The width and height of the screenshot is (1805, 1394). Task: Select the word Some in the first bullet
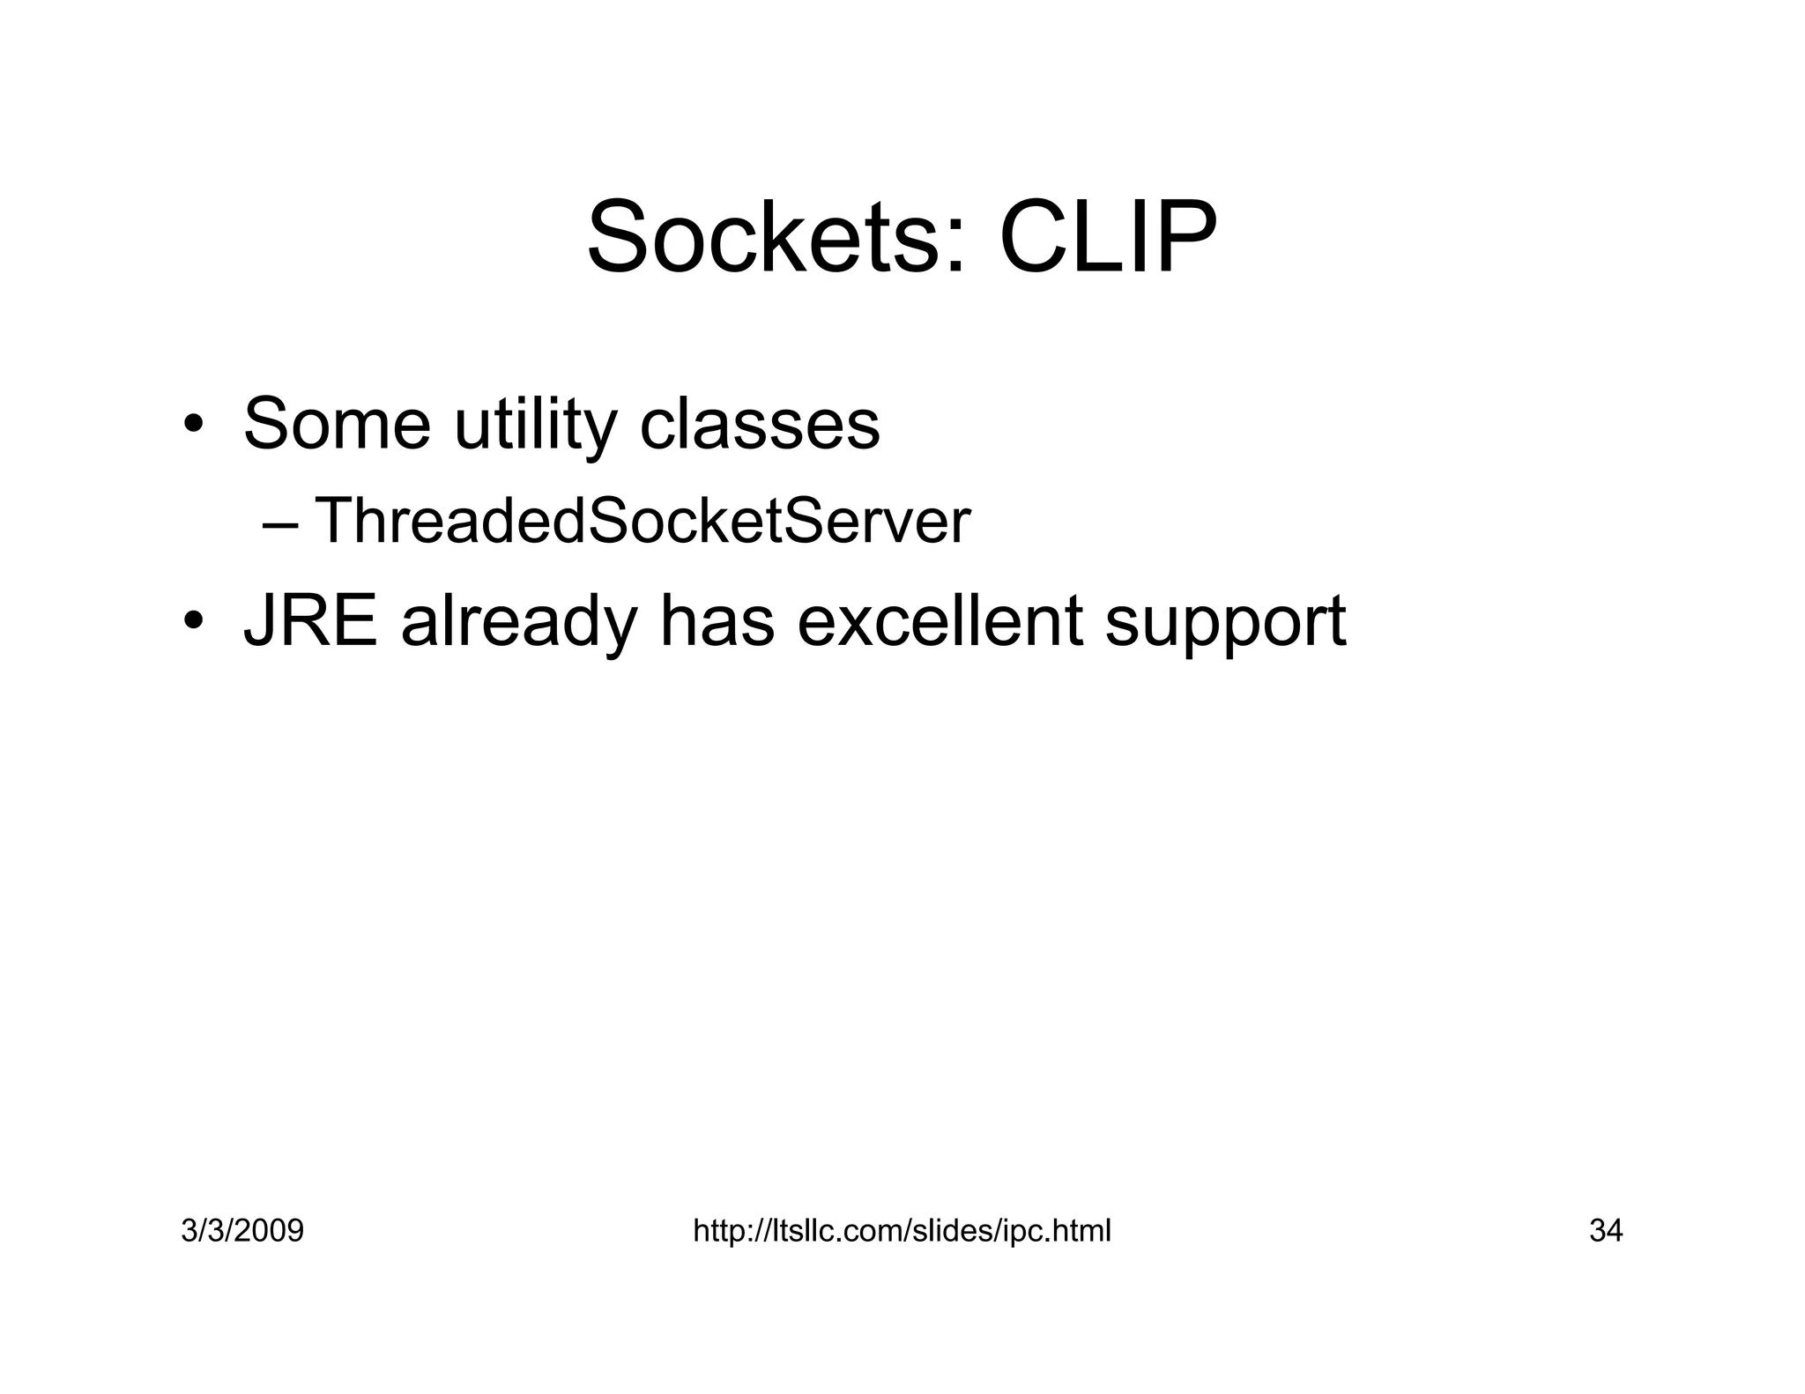coord(337,425)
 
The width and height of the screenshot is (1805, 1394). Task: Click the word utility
coord(535,426)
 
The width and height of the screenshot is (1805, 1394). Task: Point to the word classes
coord(759,425)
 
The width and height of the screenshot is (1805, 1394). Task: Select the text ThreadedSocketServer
coord(642,521)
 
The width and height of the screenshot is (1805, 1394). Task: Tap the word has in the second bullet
coord(717,620)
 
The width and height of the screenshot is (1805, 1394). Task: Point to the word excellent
coord(940,620)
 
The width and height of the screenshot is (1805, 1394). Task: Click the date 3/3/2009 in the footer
coord(242,1230)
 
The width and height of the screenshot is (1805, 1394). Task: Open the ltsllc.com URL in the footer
coord(902,1230)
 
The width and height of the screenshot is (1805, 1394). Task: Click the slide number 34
coord(1605,1230)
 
